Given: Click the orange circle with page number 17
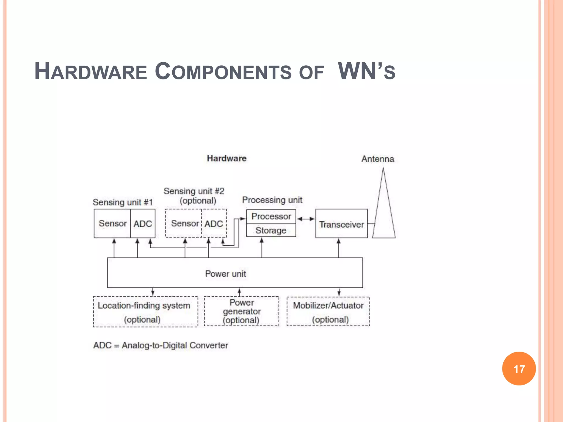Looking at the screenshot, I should (x=519, y=368).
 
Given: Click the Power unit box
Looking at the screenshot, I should (x=235, y=273).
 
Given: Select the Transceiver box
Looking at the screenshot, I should (x=341, y=224).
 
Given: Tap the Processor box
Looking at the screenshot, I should (x=271, y=216).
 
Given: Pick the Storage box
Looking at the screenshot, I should (x=271, y=231).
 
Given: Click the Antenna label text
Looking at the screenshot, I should (x=377, y=159).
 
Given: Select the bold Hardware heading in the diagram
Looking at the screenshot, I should (x=227, y=158).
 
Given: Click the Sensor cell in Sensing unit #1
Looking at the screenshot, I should (x=112, y=223).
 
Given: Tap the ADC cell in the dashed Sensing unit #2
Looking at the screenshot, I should (x=214, y=224).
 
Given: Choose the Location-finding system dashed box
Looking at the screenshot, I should (x=145, y=312).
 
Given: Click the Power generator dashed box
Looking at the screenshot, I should (x=242, y=311).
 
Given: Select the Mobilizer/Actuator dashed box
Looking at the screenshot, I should (x=328, y=312).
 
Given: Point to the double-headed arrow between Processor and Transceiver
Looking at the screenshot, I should (x=306, y=219).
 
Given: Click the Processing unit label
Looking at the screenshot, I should (x=272, y=200).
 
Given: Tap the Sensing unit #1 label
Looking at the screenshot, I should (x=123, y=202).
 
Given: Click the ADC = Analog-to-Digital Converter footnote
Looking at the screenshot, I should (x=161, y=345).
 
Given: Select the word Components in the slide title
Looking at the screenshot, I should (x=223, y=71).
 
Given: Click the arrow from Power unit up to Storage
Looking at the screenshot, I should (x=262, y=247).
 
